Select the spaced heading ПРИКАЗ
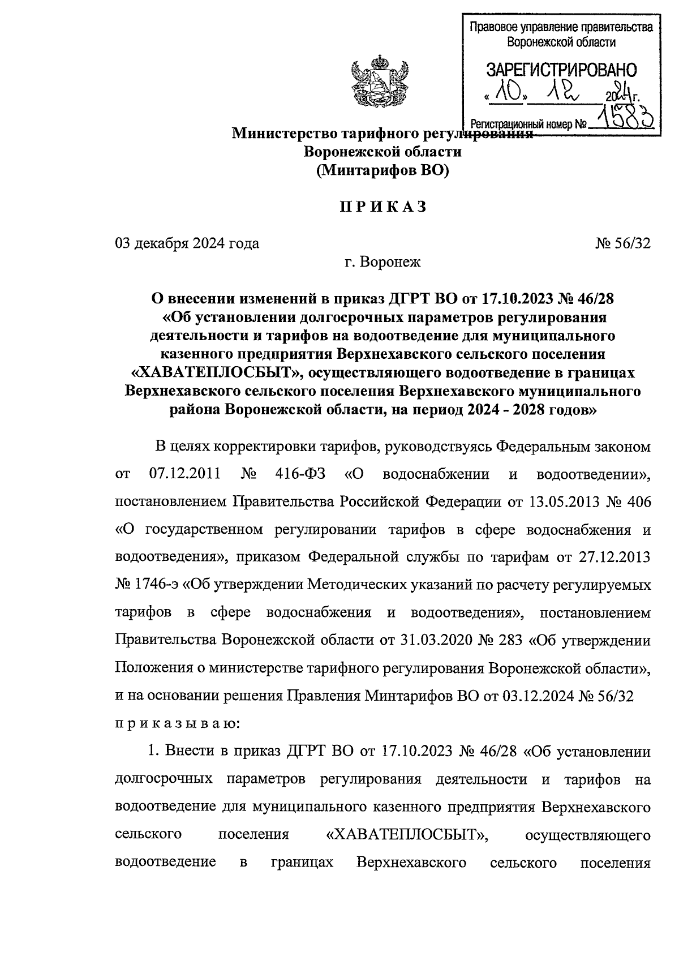tap(383, 207)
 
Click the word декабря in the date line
tap(161, 243)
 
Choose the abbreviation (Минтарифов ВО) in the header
tap(383, 170)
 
